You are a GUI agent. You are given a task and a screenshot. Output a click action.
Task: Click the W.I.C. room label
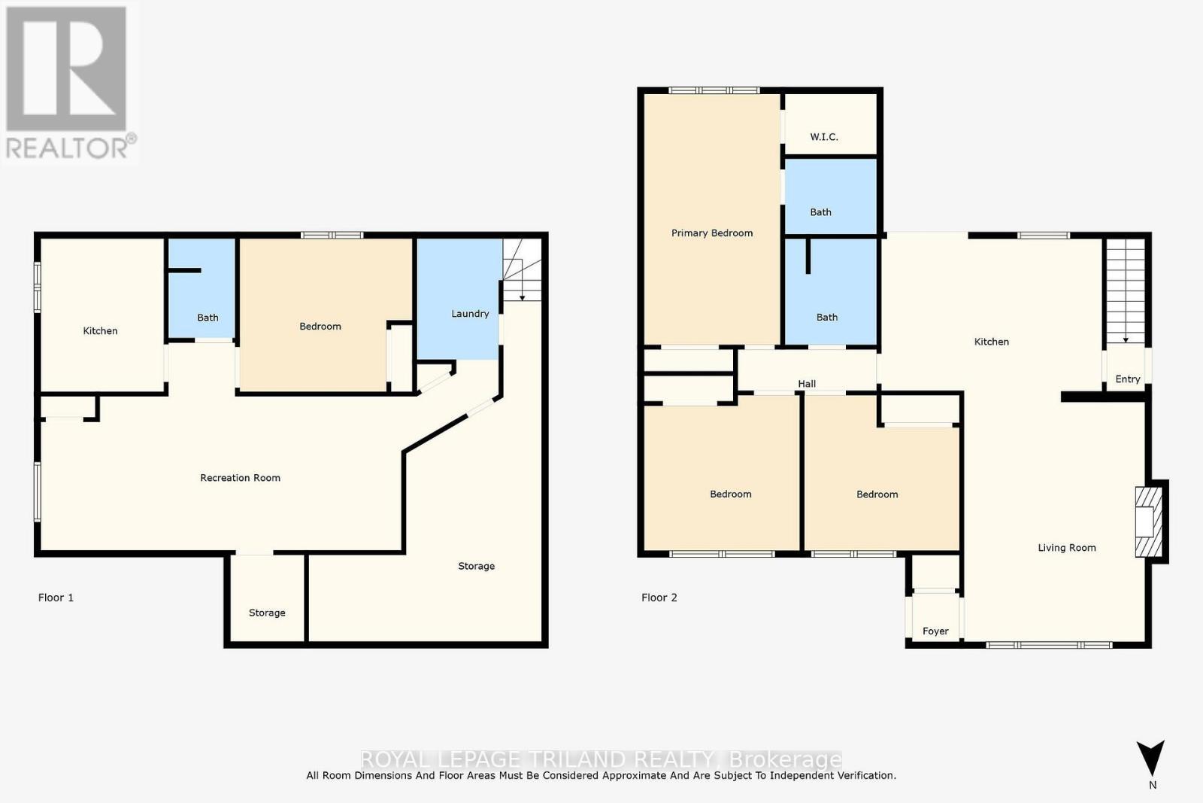tap(824, 137)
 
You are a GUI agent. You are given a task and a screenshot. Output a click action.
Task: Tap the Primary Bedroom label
tap(712, 233)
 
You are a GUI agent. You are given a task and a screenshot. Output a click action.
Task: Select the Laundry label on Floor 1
tap(470, 314)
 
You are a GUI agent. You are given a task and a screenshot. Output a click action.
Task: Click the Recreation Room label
tap(240, 478)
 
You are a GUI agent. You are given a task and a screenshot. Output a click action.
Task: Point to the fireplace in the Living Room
tap(1147, 522)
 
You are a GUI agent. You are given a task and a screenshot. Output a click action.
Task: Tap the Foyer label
tap(935, 631)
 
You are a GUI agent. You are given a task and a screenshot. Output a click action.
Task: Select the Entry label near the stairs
tap(1127, 379)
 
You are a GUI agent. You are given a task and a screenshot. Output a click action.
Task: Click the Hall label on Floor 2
tap(807, 384)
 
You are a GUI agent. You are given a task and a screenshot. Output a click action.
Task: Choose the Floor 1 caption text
tap(56, 598)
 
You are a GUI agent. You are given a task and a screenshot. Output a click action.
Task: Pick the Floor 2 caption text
tap(659, 598)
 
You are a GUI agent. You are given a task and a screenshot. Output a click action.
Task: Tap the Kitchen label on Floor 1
tap(100, 331)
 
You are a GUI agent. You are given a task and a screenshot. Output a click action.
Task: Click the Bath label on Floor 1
tap(208, 318)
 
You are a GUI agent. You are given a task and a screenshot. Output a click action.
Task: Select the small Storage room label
tap(267, 613)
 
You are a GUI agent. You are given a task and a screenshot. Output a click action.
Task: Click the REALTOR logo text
tap(68, 148)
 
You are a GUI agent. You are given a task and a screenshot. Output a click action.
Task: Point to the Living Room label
tap(1066, 548)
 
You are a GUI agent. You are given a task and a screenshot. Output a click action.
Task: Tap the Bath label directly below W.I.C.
tap(820, 212)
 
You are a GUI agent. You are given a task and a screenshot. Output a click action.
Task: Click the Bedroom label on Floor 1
tap(320, 327)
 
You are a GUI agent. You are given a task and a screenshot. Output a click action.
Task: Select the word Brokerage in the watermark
tap(785, 759)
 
